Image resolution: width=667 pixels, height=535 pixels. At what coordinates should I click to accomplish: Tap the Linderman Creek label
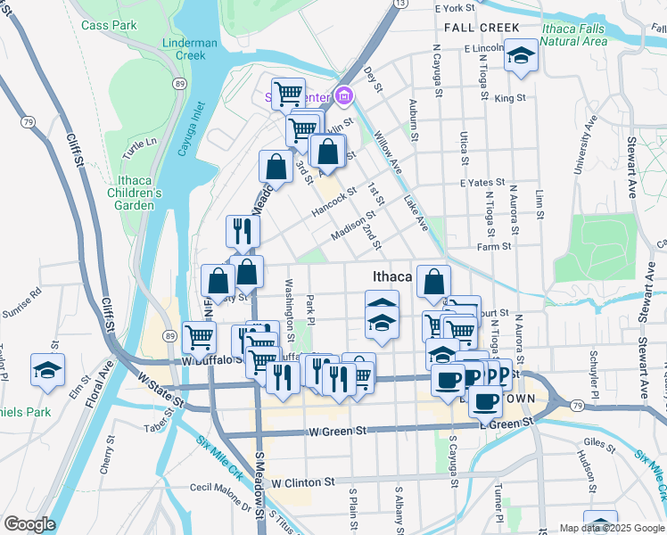click(x=190, y=49)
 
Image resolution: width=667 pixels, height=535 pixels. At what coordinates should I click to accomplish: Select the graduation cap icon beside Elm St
click(x=48, y=370)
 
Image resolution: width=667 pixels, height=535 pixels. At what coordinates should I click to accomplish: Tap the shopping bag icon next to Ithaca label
click(x=433, y=281)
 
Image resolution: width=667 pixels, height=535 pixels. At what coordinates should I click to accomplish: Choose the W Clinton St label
click(x=303, y=481)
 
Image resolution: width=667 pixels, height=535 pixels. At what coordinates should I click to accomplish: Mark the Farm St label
click(x=494, y=246)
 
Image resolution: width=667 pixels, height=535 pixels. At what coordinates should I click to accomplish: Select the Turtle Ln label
click(x=140, y=148)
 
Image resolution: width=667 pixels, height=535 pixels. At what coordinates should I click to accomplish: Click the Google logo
click(x=29, y=524)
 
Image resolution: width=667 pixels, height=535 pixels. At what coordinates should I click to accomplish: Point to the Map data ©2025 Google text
click(x=611, y=528)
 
